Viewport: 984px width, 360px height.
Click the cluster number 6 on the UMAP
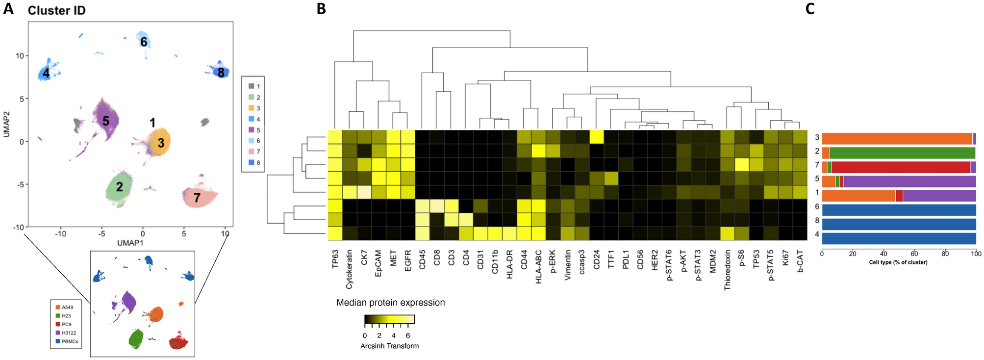coord(144,42)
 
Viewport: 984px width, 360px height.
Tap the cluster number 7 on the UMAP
coord(197,198)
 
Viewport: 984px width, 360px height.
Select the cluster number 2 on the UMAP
coord(119,187)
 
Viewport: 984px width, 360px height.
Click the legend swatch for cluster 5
coord(252,130)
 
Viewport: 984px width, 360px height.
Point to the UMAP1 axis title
coord(130,243)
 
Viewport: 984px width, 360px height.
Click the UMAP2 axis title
coord(7,124)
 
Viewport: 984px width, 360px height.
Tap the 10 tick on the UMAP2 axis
coord(20,55)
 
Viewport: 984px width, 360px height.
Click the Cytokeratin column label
coord(350,269)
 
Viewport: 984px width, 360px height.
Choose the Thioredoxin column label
coord(727,270)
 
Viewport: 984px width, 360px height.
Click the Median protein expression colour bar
coord(389,320)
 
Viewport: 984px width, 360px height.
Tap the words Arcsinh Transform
coord(389,346)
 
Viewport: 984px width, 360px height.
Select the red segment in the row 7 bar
coord(901,167)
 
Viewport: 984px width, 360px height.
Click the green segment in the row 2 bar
coord(902,153)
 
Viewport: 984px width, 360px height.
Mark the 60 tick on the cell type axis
coord(914,254)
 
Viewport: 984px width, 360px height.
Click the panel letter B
coord(321,9)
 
